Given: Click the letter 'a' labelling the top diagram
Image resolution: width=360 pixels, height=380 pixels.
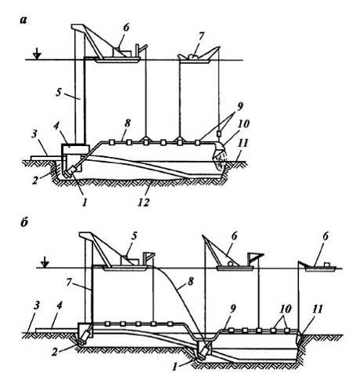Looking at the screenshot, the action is (x=24, y=20).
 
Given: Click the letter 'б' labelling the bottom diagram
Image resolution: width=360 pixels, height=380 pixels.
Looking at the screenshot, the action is (x=24, y=223).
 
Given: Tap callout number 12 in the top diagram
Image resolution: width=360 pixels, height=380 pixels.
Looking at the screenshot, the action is (x=144, y=202).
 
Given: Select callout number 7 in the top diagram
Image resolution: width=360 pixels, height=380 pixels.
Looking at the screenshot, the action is (x=201, y=37).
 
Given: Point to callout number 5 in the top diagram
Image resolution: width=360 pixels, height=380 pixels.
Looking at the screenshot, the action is (x=59, y=93).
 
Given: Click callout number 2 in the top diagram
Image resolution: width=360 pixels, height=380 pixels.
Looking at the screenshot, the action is (x=35, y=181).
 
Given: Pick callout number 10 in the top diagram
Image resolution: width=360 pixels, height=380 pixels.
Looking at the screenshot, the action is (x=244, y=124).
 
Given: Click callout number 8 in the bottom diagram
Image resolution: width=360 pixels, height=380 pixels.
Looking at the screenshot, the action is (x=191, y=282).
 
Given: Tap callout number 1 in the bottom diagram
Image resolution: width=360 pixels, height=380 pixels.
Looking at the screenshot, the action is (x=175, y=367).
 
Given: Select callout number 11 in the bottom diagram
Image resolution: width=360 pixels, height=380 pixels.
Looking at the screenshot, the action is (x=317, y=309).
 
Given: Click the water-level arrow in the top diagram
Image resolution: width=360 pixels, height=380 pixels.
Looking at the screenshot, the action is (x=38, y=53).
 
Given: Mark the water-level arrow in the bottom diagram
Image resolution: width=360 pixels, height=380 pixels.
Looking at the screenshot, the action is (x=45, y=262).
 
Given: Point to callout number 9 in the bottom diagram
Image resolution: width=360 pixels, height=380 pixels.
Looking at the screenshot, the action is (x=233, y=309).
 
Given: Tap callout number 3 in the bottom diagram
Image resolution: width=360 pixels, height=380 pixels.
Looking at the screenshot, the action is (x=36, y=306).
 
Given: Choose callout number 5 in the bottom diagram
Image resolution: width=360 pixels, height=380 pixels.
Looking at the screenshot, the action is (x=134, y=236).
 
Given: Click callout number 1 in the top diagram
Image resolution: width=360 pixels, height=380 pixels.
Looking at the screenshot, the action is (x=84, y=202).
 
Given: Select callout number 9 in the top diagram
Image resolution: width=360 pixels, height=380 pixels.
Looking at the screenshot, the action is (x=240, y=107).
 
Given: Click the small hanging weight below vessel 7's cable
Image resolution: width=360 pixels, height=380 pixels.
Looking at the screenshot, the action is (x=219, y=133).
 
